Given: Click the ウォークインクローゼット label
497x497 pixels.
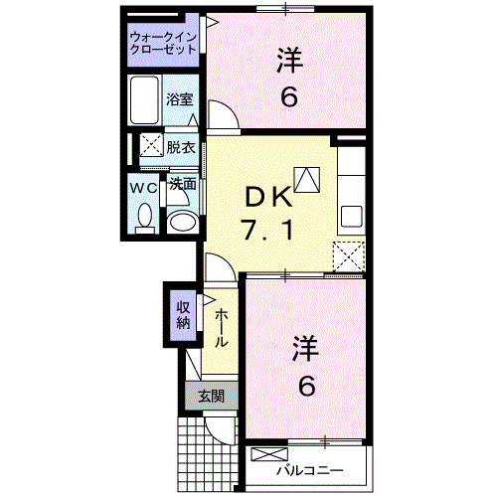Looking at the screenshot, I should coord(163,44).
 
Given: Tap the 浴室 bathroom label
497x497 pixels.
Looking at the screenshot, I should coord(179,100).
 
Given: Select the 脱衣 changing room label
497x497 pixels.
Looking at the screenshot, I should coord(180,146).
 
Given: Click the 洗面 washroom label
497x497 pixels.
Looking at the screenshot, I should coord(181,184).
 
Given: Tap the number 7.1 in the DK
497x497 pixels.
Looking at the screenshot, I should coord(266,233).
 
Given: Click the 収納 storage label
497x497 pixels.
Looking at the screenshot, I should coord(184,314).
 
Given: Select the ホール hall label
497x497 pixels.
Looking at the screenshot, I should coord(222,325).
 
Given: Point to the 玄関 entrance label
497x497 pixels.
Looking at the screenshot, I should coord(211,396).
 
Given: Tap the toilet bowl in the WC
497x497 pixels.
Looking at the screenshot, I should coord(145,216).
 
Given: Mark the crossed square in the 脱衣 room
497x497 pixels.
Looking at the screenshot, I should coord(150,145).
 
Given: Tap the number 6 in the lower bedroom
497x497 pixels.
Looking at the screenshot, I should coord(305,386).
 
